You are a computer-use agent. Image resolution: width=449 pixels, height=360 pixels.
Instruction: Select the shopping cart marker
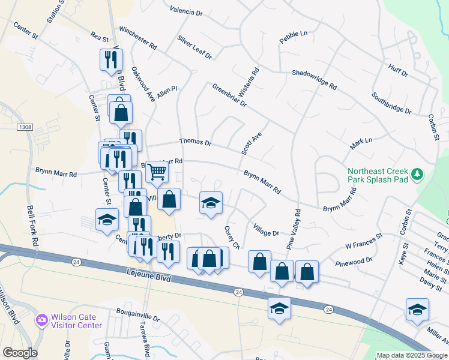[x=157, y=172]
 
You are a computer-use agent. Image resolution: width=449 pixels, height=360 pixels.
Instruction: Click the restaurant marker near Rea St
[x=111, y=59]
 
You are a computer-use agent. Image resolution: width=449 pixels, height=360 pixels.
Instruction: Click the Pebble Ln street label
[x=293, y=36]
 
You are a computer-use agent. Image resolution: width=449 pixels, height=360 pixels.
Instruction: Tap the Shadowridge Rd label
[x=313, y=79]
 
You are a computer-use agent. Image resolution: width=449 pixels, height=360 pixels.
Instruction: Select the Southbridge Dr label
[x=391, y=103]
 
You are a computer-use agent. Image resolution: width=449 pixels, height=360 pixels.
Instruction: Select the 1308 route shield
[x=25, y=127]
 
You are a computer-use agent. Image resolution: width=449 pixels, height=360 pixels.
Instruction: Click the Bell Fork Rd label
[x=32, y=226]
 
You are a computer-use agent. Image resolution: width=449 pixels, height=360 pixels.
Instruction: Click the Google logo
[x=20, y=353]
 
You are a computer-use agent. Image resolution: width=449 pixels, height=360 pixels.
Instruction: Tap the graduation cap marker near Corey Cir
[x=211, y=203]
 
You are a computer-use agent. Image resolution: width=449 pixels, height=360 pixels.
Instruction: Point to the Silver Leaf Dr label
[x=194, y=47]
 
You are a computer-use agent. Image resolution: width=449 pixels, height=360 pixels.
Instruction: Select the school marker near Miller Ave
[x=417, y=310]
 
